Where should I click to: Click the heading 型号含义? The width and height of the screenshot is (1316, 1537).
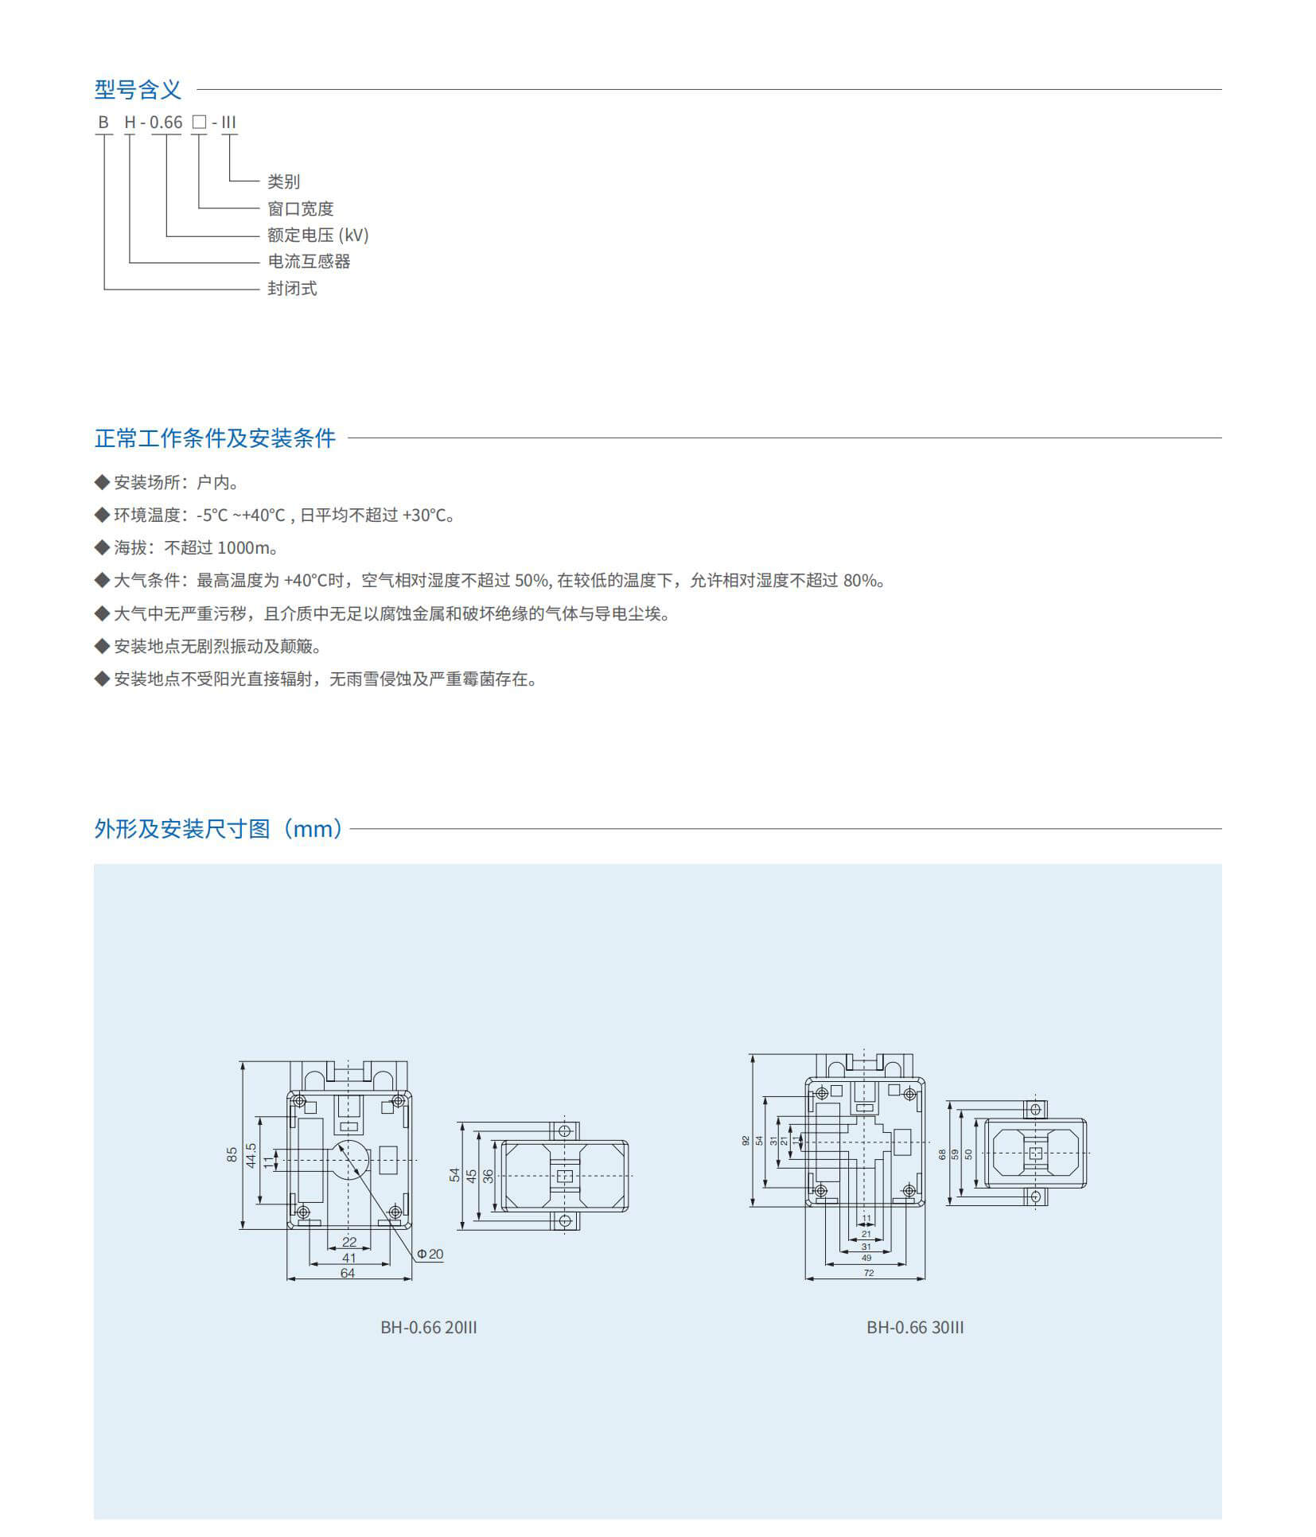click(x=138, y=90)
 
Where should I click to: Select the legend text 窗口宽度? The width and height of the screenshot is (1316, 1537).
click(x=300, y=208)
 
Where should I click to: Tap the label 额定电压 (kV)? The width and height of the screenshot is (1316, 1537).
click(x=317, y=235)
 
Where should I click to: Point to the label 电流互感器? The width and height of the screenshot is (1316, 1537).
click(x=309, y=261)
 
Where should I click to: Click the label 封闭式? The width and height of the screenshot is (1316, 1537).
click(x=292, y=288)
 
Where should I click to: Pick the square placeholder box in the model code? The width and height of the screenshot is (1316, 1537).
click(x=199, y=123)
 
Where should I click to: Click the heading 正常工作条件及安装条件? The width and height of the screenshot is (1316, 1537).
click(x=215, y=438)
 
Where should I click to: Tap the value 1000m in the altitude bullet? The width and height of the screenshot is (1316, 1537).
click(x=244, y=547)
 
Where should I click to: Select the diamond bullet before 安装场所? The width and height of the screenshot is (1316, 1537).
click(x=102, y=482)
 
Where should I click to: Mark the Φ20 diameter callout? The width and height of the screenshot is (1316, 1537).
click(x=430, y=1254)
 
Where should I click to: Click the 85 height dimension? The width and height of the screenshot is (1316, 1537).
click(x=232, y=1154)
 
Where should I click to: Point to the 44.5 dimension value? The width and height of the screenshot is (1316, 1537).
click(x=251, y=1156)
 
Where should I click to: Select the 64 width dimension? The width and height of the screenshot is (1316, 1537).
click(x=348, y=1273)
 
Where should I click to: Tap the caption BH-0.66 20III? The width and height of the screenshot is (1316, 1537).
click(x=429, y=1327)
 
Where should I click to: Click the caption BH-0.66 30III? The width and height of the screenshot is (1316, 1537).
click(x=915, y=1327)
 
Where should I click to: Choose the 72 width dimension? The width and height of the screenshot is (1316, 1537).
click(x=869, y=1273)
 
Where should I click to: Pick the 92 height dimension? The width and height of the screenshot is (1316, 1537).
click(x=746, y=1140)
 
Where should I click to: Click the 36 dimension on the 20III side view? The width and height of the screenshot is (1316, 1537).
click(x=488, y=1176)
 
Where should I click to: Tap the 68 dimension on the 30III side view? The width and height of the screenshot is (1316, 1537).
click(x=942, y=1154)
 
